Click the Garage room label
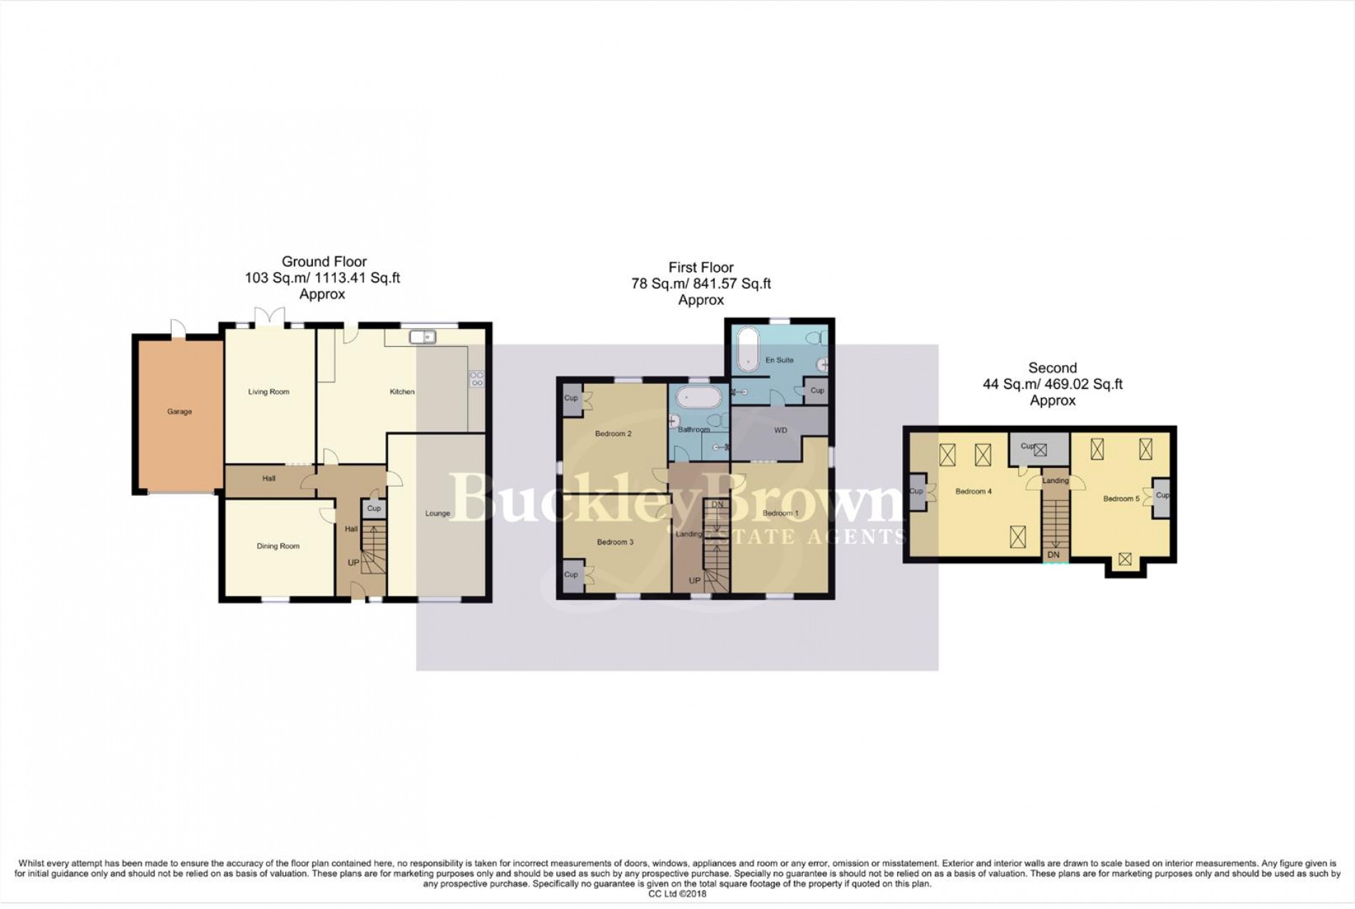180,412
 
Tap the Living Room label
269,392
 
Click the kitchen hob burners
476,379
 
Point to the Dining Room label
278,547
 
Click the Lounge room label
437,514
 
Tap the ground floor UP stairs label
353,563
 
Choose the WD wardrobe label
780,431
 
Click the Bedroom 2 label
613,434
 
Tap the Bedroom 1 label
780,514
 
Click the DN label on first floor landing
717,505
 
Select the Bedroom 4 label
973,492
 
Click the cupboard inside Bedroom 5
1162,496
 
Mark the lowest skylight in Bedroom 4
1018,537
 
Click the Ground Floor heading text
324,262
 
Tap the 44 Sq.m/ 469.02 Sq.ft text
1053,385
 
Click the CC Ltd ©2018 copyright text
677,893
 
